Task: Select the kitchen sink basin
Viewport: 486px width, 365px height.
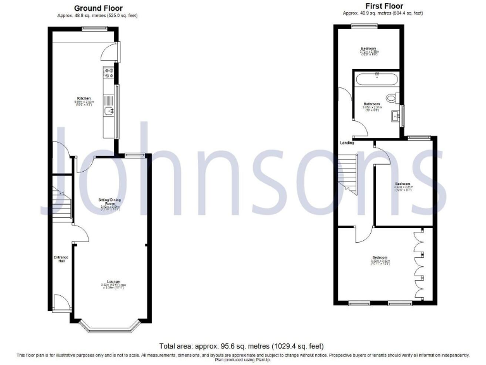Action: pos(110,113)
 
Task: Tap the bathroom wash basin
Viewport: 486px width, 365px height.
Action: pos(397,116)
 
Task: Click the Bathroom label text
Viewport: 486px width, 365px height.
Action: pos(371,104)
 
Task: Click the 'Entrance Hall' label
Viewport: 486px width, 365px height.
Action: pos(61,259)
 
